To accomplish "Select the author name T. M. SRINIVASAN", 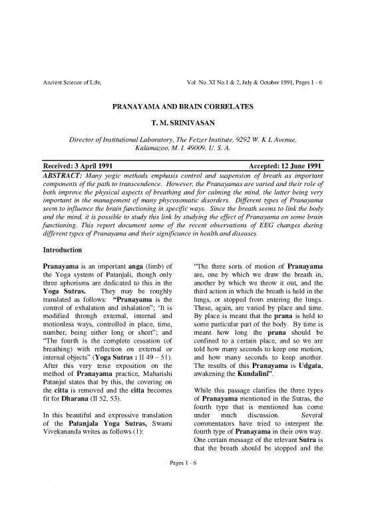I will click(183, 123).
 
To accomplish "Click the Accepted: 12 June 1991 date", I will click(283, 165).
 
